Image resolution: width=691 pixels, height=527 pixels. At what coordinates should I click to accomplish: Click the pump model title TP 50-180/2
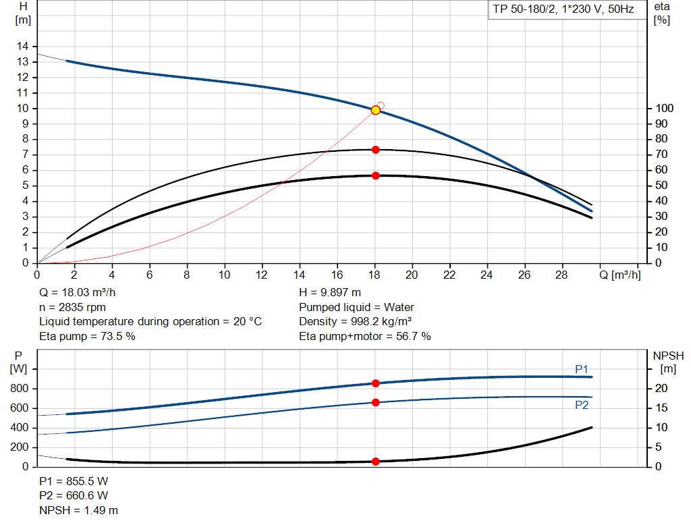point(563,10)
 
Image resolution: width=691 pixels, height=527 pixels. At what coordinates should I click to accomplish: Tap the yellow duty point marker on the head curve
point(376,110)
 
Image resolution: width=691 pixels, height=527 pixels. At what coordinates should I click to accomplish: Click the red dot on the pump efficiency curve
point(376,150)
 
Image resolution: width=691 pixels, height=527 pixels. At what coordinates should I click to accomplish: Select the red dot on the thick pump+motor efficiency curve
point(376,175)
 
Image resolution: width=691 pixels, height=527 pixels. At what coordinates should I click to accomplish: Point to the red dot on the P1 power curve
point(376,383)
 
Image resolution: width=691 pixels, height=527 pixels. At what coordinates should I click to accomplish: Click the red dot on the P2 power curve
point(376,402)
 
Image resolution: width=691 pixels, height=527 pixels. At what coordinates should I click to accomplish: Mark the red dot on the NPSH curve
point(376,462)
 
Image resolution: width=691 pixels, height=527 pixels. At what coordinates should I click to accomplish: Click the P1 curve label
point(582,369)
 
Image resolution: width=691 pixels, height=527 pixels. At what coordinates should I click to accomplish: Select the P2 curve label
point(582,405)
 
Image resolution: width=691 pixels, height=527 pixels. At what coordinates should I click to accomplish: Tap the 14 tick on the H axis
point(23,46)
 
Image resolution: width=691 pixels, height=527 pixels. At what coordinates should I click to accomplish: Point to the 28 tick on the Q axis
point(561,275)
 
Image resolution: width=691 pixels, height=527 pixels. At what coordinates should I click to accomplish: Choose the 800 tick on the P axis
point(21,389)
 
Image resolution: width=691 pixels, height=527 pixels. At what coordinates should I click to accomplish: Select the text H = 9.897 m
point(330,294)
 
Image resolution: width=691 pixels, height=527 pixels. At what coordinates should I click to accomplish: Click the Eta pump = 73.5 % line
point(88,336)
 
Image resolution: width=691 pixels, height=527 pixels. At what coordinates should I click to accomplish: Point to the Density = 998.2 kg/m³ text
point(356,322)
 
